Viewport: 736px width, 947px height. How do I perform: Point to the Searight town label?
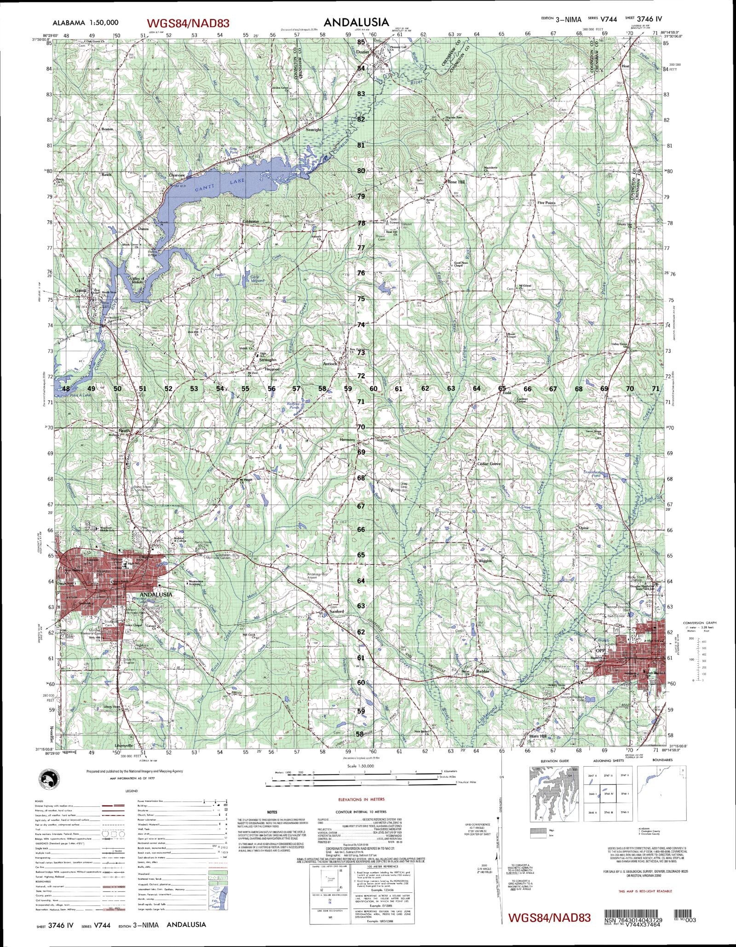pos(314,130)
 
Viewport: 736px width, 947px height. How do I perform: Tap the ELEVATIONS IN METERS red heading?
pos(361,800)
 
